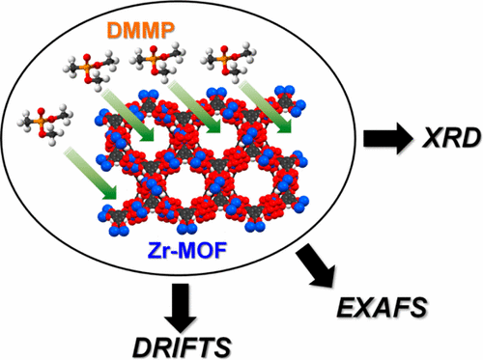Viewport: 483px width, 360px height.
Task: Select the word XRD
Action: tap(439, 141)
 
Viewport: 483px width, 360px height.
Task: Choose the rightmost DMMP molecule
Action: tap(225, 64)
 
